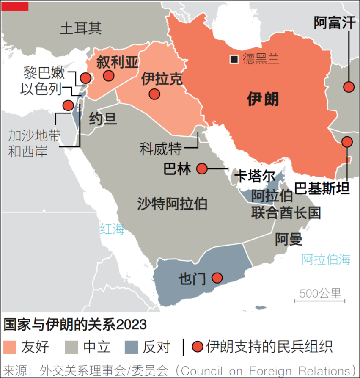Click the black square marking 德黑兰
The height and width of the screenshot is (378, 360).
(234, 59)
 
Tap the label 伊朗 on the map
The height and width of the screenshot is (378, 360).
(263, 99)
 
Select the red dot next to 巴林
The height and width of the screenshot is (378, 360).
(202, 169)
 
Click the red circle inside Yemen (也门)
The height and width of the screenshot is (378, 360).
(217, 278)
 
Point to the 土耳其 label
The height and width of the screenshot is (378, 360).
(81, 28)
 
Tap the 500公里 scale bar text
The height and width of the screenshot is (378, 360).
(320, 293)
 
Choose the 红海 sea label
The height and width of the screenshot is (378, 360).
(113, 229)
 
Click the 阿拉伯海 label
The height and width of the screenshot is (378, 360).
(326, 259)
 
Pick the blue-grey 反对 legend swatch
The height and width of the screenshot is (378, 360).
(132, 347)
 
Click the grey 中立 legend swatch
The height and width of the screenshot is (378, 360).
(71, 347)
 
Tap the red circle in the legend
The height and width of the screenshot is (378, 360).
(196, 347)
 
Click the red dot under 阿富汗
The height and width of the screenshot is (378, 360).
(349, 87)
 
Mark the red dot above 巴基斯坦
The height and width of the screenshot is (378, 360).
(347, 141)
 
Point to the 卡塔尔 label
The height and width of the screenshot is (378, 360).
(256, 176)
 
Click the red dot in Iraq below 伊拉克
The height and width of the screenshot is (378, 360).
(154, 94)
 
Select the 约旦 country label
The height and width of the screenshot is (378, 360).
(103, 119)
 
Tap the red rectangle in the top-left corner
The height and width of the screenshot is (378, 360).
(15, 6)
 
